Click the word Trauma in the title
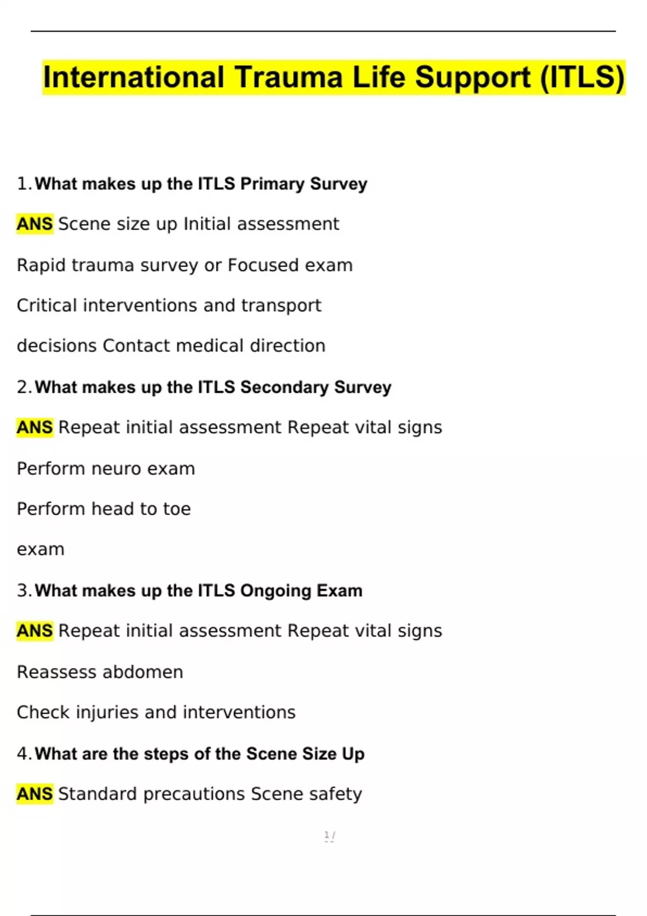pyautogui.click(x=288, y=77)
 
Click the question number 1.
pyautogui.click(x=24, y=184)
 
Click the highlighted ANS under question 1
pyautogui.click(x=35, y=224)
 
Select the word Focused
pyautogui.click(x=263, y=265)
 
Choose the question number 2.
pyautogui.click(x=24, y=387)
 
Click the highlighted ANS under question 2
pyautogui.click(x=35, y=427)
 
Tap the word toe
pyautogui.click(x=177, y=509)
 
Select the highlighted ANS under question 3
pyautogui.click(x=35, y=630)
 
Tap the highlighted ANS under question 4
pyautogui.click(x=35, y=794)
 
